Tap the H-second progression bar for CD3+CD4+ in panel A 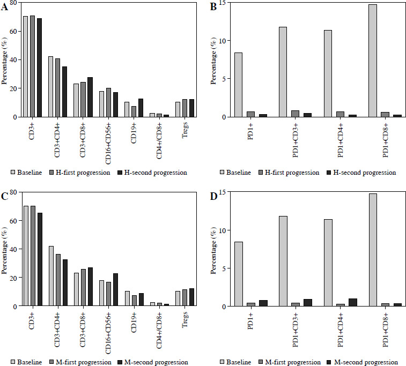click(64, 92)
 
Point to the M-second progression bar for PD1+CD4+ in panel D click(352, 302)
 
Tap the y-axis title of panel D click(214, 249)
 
